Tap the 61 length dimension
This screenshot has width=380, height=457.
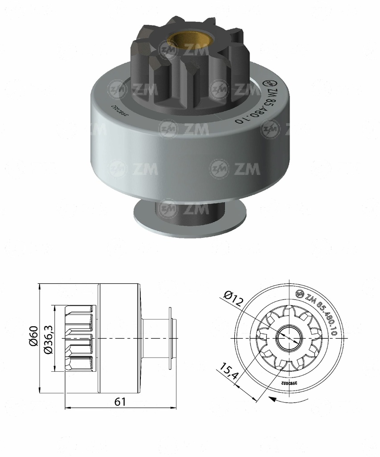(120, 402)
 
